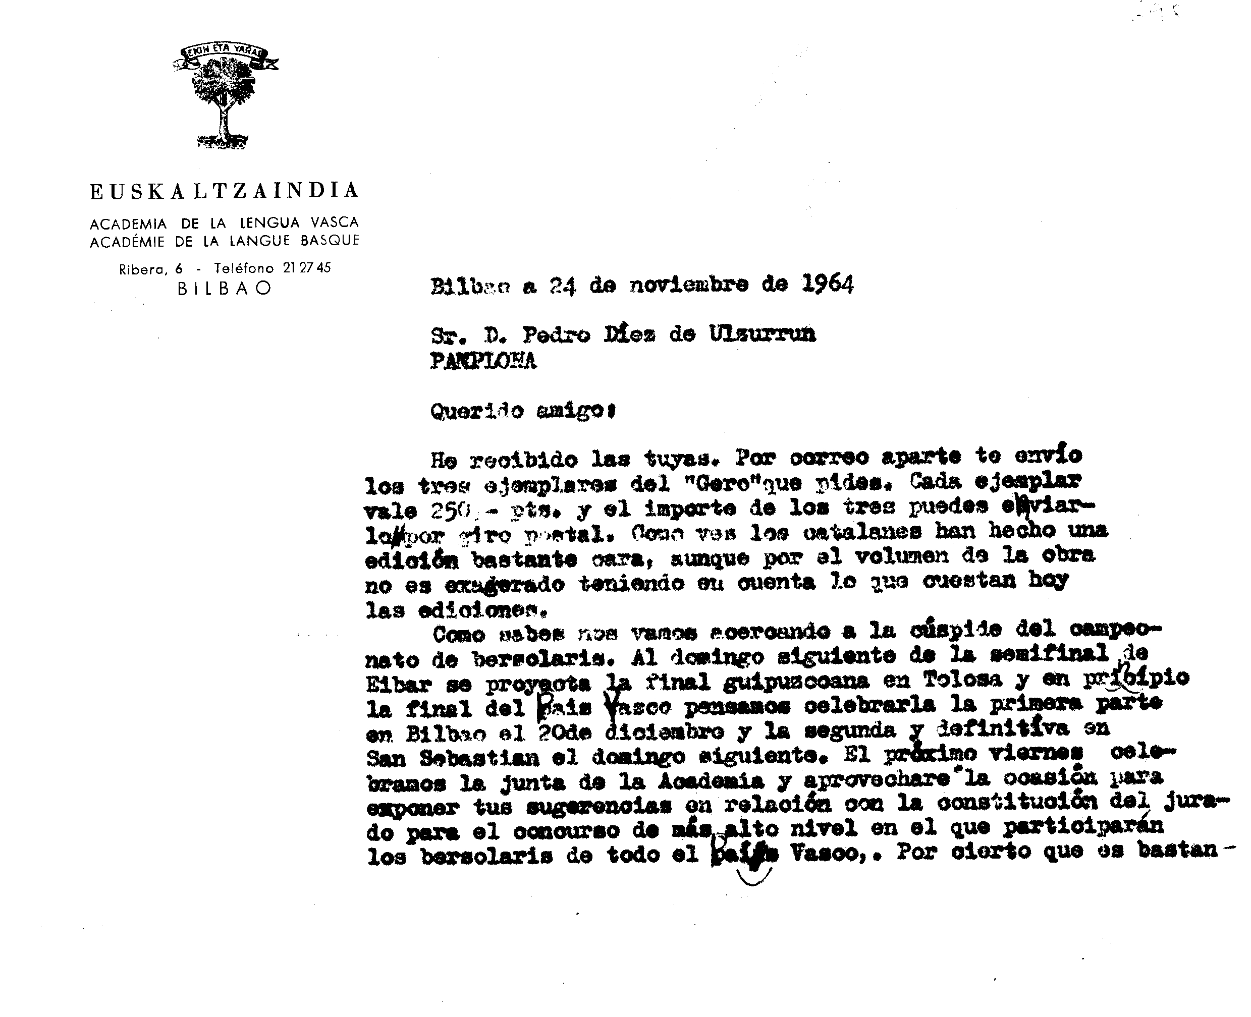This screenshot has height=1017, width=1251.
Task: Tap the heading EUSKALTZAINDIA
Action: (x=224, y=191)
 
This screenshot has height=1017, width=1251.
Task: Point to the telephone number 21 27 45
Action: (x=306, y=268)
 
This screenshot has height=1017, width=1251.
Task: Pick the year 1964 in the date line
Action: (x=827, y=284)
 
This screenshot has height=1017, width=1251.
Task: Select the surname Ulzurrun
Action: (x=763, y=334)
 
